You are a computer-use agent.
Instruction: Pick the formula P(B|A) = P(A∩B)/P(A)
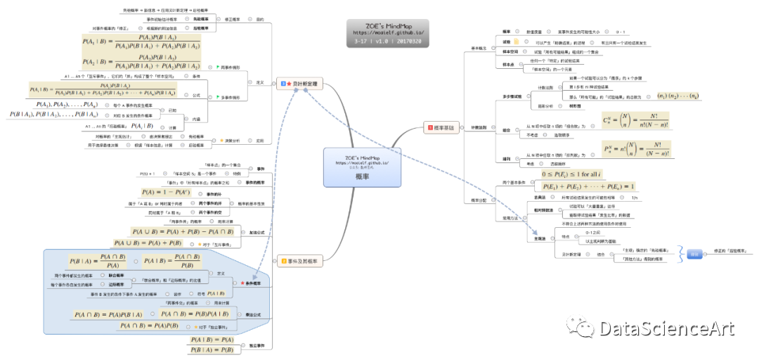[98, 261]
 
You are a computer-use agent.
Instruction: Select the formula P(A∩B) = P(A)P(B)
[149, 326]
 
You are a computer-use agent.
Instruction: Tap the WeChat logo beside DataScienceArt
[567, 327]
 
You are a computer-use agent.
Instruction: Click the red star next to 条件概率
[243, 283]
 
